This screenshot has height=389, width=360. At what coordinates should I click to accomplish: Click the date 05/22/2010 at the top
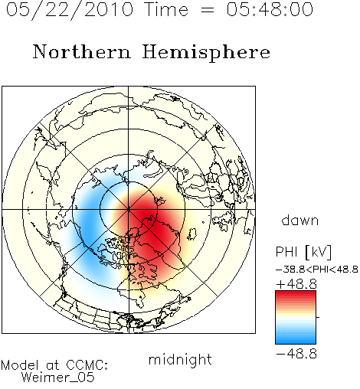[70, 10]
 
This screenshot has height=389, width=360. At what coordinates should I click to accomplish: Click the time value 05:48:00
[270, 10]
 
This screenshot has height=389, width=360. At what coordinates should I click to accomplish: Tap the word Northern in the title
[82, 52]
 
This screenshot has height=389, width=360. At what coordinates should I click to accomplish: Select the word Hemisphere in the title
[206, 53]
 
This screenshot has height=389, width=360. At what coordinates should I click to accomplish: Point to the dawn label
[300, 220]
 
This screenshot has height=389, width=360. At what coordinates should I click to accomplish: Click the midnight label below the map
[180, 360]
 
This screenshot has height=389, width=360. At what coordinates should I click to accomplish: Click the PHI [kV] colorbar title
[303, 252]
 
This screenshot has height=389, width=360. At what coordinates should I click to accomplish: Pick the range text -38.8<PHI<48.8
[317, 270]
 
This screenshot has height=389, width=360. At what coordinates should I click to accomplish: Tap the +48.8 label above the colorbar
[296, 284]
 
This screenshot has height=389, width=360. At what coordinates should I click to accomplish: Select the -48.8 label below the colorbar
[296, 354]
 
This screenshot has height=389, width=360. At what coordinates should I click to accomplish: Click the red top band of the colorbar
[296, 294]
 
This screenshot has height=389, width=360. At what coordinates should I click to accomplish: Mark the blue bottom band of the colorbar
[296, 341]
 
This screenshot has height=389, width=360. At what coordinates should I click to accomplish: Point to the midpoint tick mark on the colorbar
[318, 317]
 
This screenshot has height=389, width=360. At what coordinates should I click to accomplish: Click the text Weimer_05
[58, 378]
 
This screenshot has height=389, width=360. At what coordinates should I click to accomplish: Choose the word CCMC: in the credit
[87, 365]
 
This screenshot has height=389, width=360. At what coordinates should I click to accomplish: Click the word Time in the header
[166, 10]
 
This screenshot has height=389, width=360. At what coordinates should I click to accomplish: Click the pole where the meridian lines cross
[129, 209]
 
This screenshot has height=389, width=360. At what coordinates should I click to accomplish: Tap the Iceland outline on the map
[192, 234]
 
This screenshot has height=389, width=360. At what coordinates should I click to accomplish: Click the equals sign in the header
[207, 11]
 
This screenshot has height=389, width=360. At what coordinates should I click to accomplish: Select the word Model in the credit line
[20, 365]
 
